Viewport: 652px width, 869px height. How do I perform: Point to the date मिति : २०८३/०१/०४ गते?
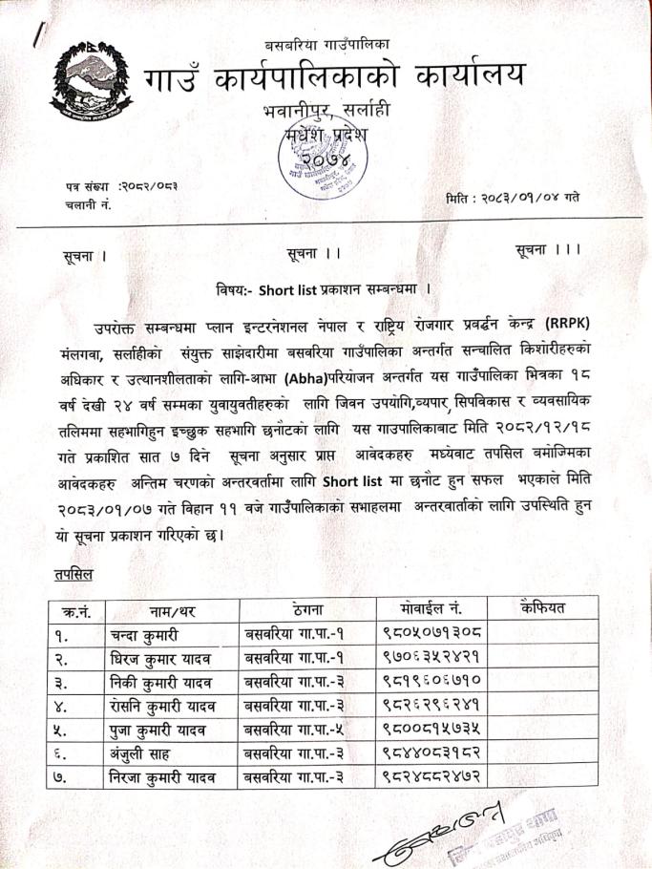tap(513, 198)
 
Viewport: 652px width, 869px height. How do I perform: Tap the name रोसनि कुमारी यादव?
tap(161, 706)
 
